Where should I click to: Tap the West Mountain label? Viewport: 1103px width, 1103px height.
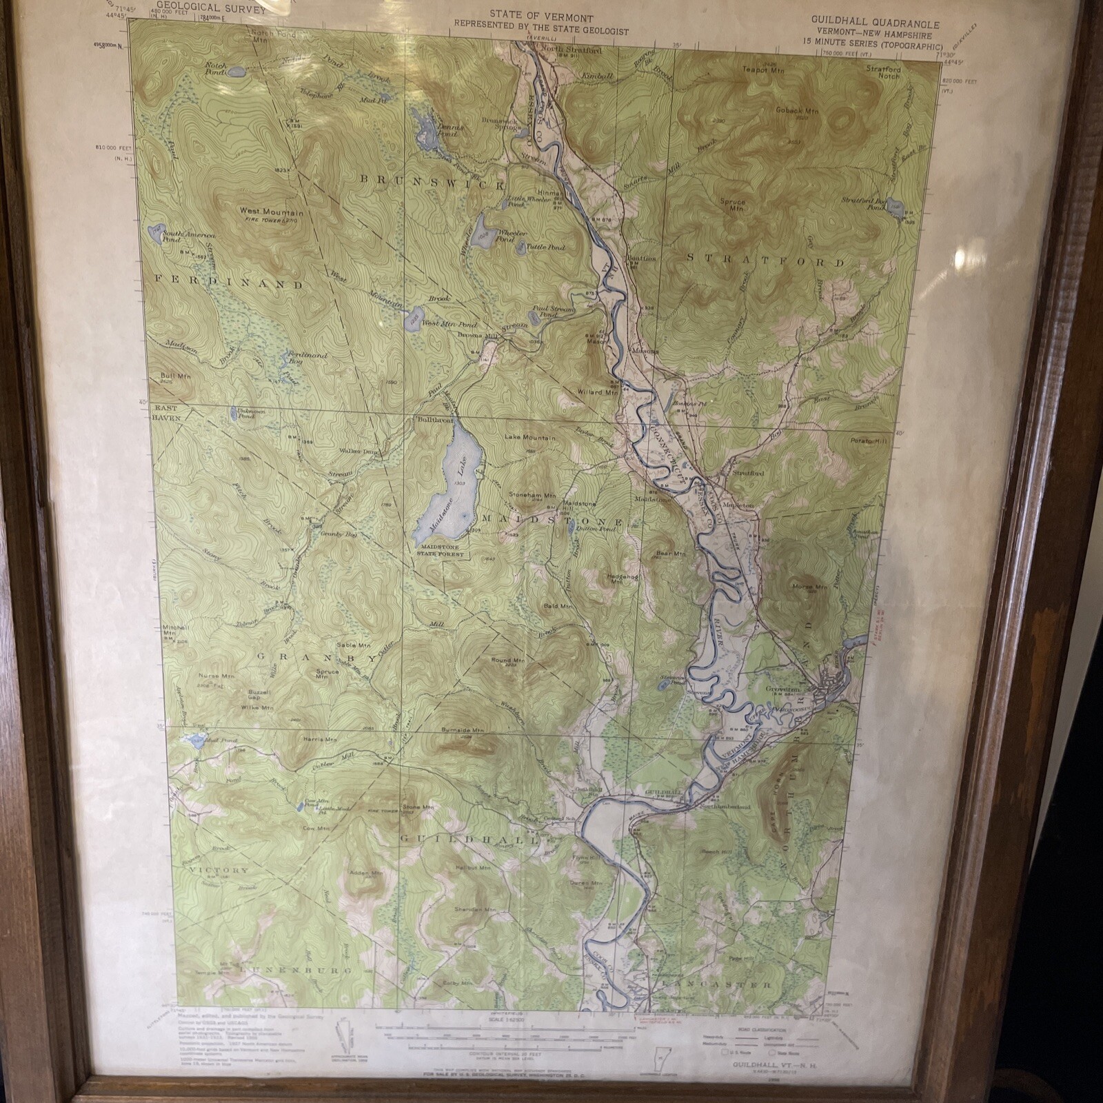pyautogui.click(x=271, y=212)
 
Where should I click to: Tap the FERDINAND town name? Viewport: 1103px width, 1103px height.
pyautogui.click(x=227, y=283)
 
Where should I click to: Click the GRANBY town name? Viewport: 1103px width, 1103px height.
pyautogui.click(x=316, y=658)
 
